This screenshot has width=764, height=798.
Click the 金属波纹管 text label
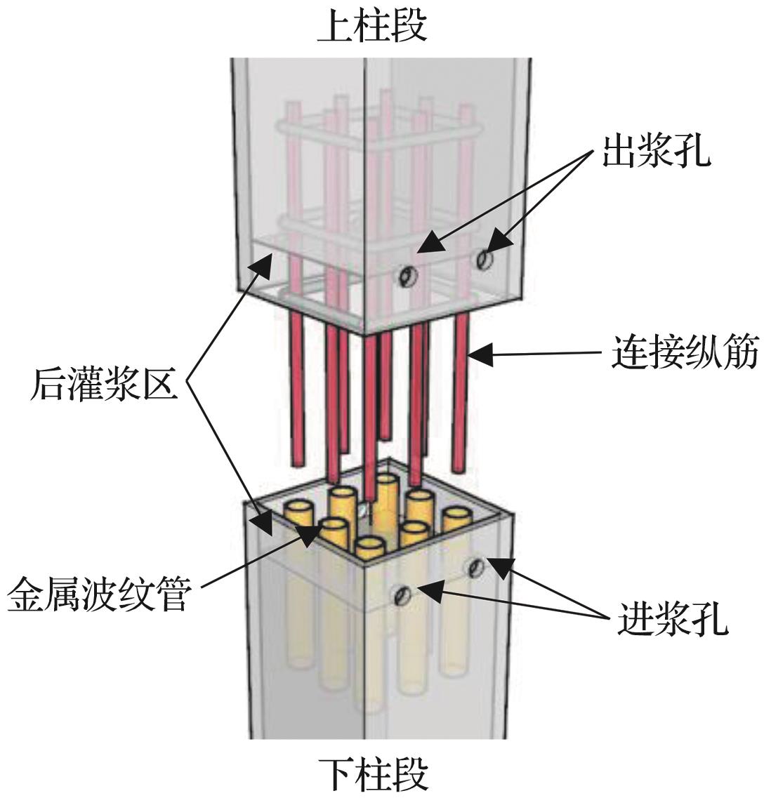pyautogui.click(x=98, y=598)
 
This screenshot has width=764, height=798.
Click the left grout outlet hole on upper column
pyautogui.click(x=406, y=277)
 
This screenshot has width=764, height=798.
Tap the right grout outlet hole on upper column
pyautogui.click(x=483, y=260)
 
